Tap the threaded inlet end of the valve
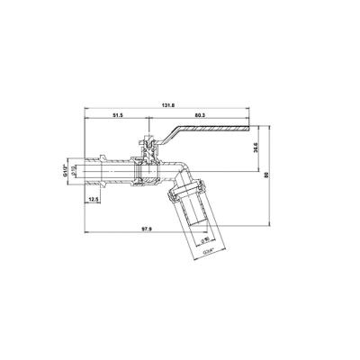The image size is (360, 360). (102, 166)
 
